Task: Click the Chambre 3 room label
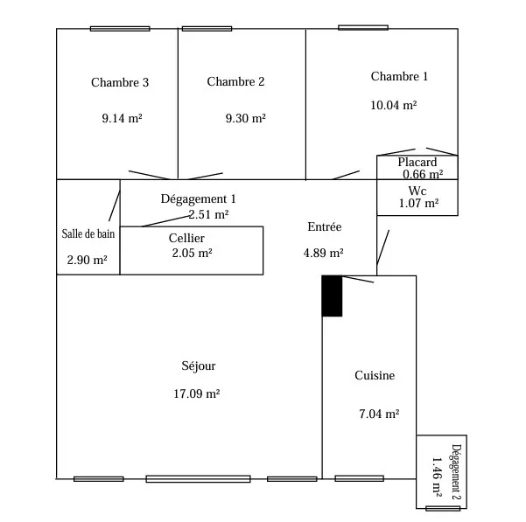coord(120,83)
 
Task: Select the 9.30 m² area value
coord(246,117)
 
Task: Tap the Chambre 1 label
coord(399,77)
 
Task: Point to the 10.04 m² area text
coord(394,105)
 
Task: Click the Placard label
coord(417,163)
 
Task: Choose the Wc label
coord(417,191)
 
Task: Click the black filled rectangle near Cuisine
coord(332,296)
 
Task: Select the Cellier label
coord(186,238)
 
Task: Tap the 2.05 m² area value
coord(192,253)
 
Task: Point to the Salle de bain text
coord(88,233)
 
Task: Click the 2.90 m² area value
coord(87,261)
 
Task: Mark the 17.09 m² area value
coord(197,394)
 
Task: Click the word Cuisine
coord(375,376)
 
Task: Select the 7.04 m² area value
coord(379,414)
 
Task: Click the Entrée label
coord(325,227)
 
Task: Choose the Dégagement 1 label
coord(199,199)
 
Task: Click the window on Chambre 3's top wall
coord(119,29)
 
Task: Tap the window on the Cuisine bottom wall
coord(359,478)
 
